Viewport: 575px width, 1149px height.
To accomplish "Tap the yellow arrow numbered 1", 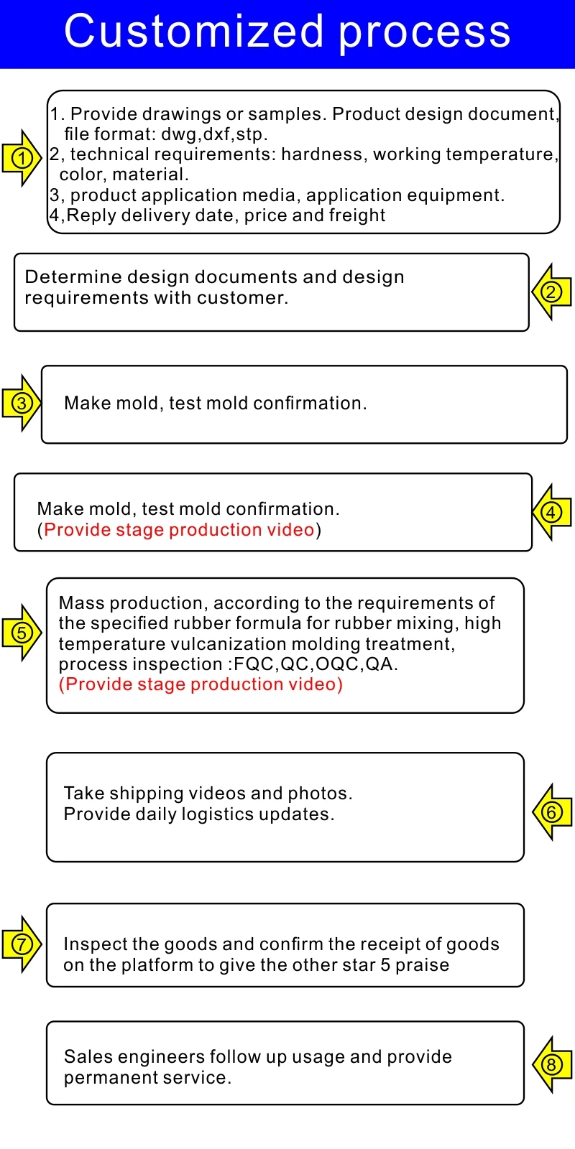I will [22, 158].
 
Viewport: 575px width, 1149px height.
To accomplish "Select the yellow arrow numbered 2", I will [551, 292].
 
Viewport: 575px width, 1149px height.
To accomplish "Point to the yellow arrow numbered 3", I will [22, 403].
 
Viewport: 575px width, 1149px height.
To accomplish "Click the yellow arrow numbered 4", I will [551, 512].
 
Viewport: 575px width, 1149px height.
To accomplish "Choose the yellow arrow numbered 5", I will [22, 633].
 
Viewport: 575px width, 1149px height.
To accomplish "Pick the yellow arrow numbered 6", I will [551, 811].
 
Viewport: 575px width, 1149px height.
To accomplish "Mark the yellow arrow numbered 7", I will [22, 944].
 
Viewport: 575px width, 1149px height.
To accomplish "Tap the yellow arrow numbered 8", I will [551, 1064].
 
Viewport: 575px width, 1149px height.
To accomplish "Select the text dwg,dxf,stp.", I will [214, 134].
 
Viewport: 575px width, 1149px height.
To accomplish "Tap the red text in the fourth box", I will [179, 530].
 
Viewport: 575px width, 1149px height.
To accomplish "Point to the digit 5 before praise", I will [385, 965].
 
